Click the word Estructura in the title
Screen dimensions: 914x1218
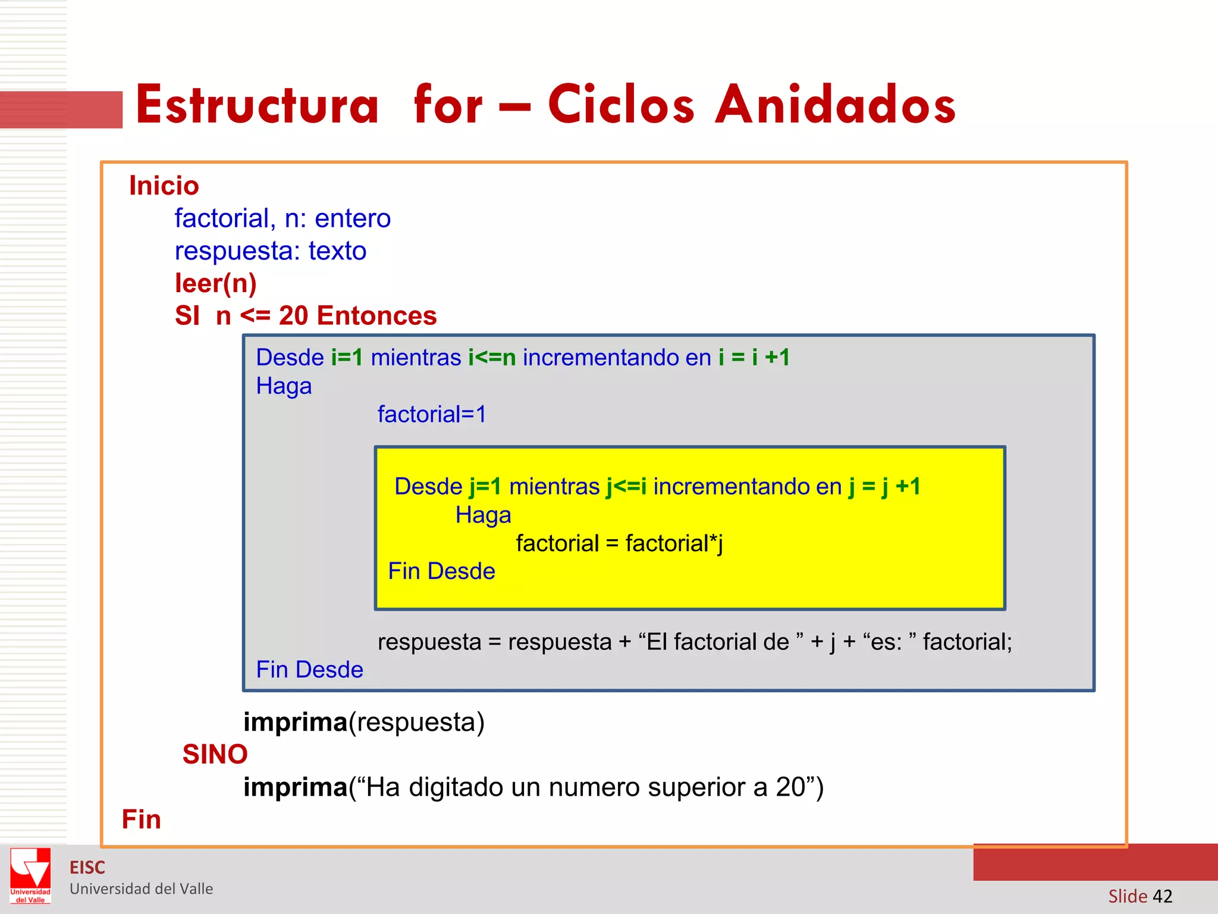(257, 105)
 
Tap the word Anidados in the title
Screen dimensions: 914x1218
(835, 105)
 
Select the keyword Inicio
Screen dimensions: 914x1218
(164, 186)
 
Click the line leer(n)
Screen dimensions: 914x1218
(215, 283)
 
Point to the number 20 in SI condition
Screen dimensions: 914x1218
(293, 315)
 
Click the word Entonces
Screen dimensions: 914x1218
(376, 315)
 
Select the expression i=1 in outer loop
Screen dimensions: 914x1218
(347, 358)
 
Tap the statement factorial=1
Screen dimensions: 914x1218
(432, 414)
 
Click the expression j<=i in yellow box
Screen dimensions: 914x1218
(626, 487)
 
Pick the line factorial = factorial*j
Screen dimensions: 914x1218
(619, 543)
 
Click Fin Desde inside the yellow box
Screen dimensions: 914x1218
(441, 571)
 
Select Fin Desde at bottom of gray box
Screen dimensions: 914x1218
(309, 669)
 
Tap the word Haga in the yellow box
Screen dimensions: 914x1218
(483, 515)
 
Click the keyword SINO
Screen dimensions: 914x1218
(215, 755)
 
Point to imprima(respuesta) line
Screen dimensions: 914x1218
(364, 722)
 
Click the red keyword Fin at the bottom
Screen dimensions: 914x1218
(141, 819)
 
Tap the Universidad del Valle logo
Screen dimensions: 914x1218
(30, 875)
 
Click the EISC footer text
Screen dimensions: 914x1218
(87, 868)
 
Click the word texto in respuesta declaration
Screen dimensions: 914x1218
(337, 251)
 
